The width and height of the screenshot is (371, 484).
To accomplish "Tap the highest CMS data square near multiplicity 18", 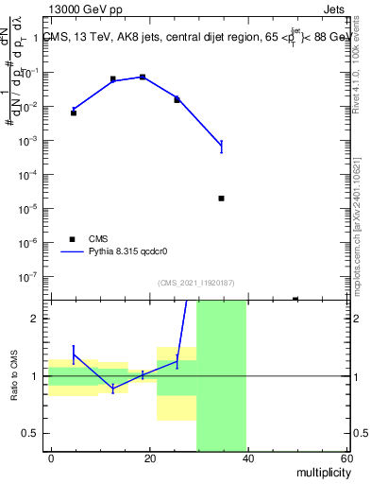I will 143,77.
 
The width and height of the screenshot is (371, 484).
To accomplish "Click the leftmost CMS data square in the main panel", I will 74,112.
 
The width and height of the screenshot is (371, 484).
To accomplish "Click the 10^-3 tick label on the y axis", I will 31,141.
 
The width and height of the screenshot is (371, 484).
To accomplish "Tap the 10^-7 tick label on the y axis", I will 31,277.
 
